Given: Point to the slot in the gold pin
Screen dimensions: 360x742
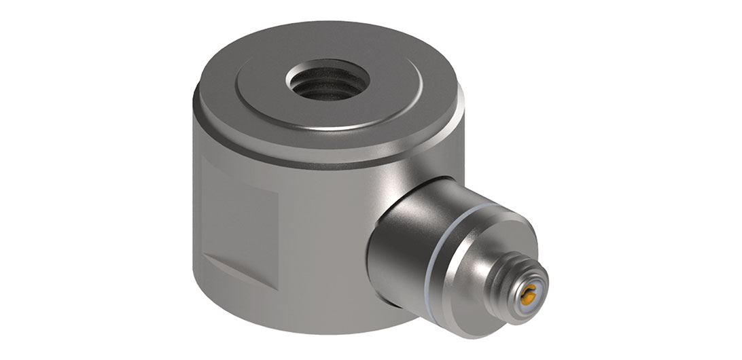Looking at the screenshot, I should pyautogui.click(x=528, y=294).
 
